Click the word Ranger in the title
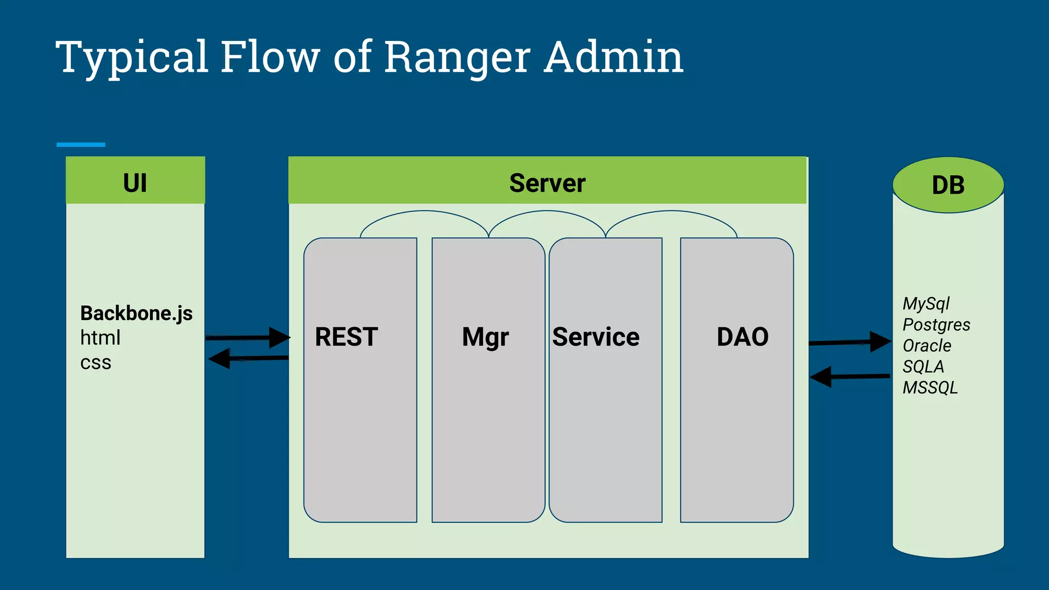point(457,57)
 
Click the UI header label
point(135,183)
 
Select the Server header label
point(547,183)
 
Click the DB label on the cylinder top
point(948,185)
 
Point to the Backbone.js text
point(136,313)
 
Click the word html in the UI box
point(100,338)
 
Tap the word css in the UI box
point(96,363)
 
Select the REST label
point(346,337)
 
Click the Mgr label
point(485,338)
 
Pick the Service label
point(596,337)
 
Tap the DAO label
point(743,337)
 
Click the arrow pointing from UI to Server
point(248,338)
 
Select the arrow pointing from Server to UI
point(249,359)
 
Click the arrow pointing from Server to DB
point(850,342)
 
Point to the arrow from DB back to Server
point(850,377)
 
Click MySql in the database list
point(926,304)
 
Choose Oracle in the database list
point(927,346)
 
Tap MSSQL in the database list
point(930,388)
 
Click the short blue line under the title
point(81,145)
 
